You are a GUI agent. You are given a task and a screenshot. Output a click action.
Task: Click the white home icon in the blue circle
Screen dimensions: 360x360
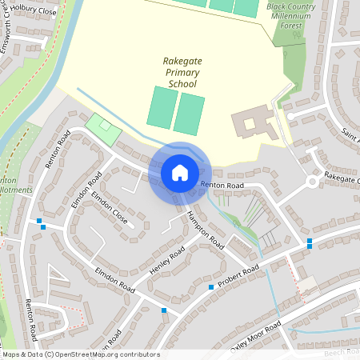179,172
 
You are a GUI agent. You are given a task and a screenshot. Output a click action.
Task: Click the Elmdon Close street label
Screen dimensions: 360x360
110,207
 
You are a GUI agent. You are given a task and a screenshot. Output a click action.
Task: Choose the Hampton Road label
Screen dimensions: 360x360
204,227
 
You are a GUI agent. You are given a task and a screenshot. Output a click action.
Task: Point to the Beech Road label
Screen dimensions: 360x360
342,352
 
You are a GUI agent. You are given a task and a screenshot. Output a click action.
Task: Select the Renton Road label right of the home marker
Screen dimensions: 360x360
222,185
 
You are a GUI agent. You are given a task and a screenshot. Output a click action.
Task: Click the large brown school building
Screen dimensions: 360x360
257,123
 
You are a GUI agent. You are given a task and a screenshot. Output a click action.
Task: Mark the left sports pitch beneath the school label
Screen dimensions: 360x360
162,107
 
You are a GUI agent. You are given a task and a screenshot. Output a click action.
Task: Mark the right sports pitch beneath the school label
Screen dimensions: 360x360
190,114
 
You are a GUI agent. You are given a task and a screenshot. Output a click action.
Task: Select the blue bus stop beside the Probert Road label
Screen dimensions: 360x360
211,286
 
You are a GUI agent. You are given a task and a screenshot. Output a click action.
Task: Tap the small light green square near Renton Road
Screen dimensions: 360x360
100,126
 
